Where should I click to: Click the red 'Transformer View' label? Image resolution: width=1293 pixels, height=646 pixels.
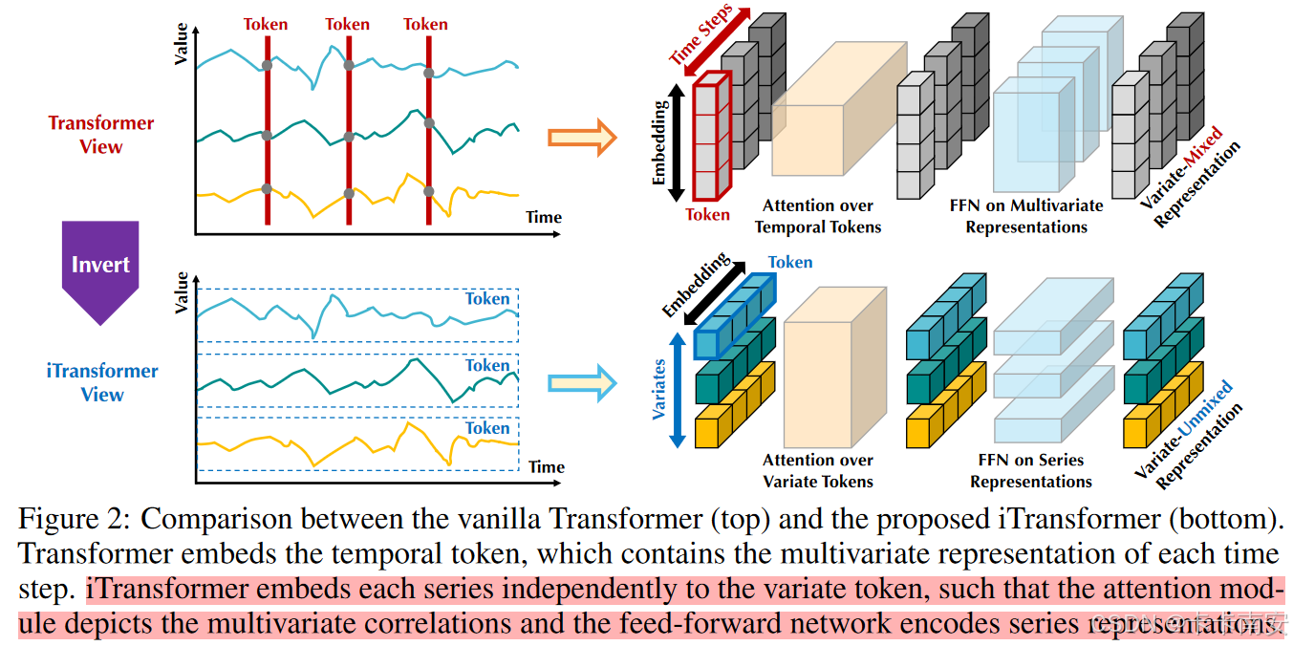(101, 135)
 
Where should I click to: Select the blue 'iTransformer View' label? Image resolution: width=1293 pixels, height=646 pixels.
(102, 382)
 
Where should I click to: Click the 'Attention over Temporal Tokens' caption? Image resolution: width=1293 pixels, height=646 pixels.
(818, 216)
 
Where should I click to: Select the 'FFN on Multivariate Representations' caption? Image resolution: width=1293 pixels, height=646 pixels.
(1026, 216)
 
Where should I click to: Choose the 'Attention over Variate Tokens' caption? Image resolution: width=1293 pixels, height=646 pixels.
(818, 470)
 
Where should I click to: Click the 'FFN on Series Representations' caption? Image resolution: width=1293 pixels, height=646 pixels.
(1031, 470)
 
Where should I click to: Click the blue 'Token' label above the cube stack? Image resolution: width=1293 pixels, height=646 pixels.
(790, 262)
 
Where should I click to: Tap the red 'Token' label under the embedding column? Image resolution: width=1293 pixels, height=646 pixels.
(707, 214)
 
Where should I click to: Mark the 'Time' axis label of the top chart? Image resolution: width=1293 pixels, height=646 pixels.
(544, 217)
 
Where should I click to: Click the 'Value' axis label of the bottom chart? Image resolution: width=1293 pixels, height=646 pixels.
(183, 292)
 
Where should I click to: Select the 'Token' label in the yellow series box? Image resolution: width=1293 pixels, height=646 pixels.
(487, 428)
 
